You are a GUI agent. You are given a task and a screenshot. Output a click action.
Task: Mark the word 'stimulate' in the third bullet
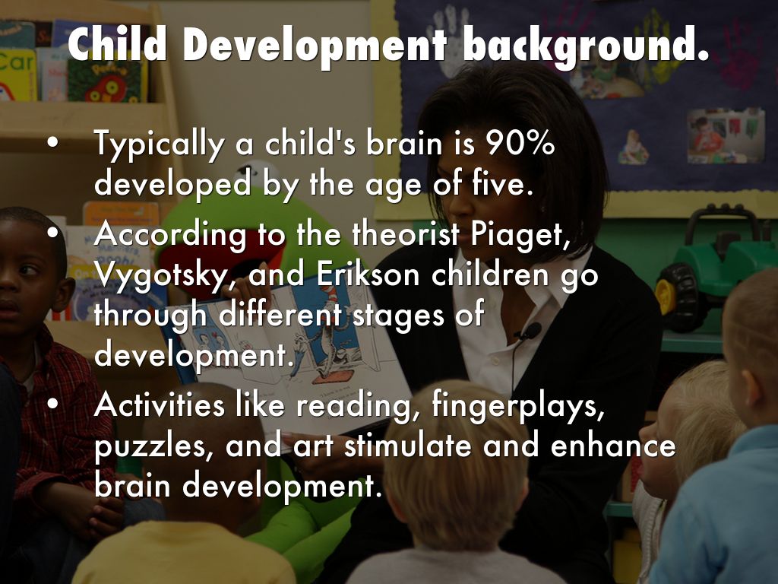pyautogui.click(x=409, y=445)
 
